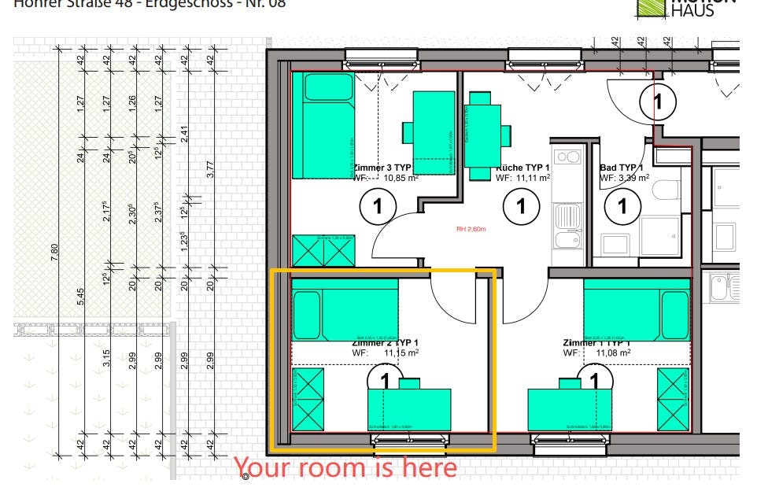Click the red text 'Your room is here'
pos(346,467)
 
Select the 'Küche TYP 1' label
pos(523,168)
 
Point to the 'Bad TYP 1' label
pos(622,168)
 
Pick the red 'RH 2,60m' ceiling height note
pos(473,230)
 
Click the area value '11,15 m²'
pos(401,353)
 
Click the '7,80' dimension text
pos(54,253)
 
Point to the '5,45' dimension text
pos(80,297)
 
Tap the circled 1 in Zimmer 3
pos(377,207)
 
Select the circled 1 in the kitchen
pos(520,207)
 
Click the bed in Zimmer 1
pos(636,309)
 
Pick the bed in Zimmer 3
pos(323,126)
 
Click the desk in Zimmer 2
pos(410,409)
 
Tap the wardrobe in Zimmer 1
pos(673,398)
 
